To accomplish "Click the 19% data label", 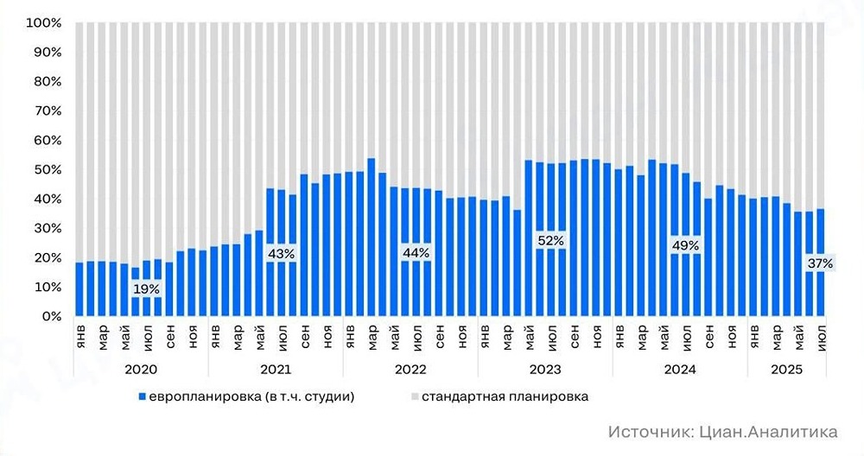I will coord(147,289).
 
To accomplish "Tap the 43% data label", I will coord(282,254).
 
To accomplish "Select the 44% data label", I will coord(416,253).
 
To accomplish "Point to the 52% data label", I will coord(550,240).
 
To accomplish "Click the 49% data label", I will coord(685,246).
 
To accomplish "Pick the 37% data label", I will coord(819,263).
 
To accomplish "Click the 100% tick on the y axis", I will coord(43,23).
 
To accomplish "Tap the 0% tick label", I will coord(50,316).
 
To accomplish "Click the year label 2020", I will coord(141,369).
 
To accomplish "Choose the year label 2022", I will coord(410,369).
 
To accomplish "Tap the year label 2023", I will coord(545,369).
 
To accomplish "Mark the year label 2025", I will coord(786,369).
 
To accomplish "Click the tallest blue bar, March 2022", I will coord(371,237).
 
